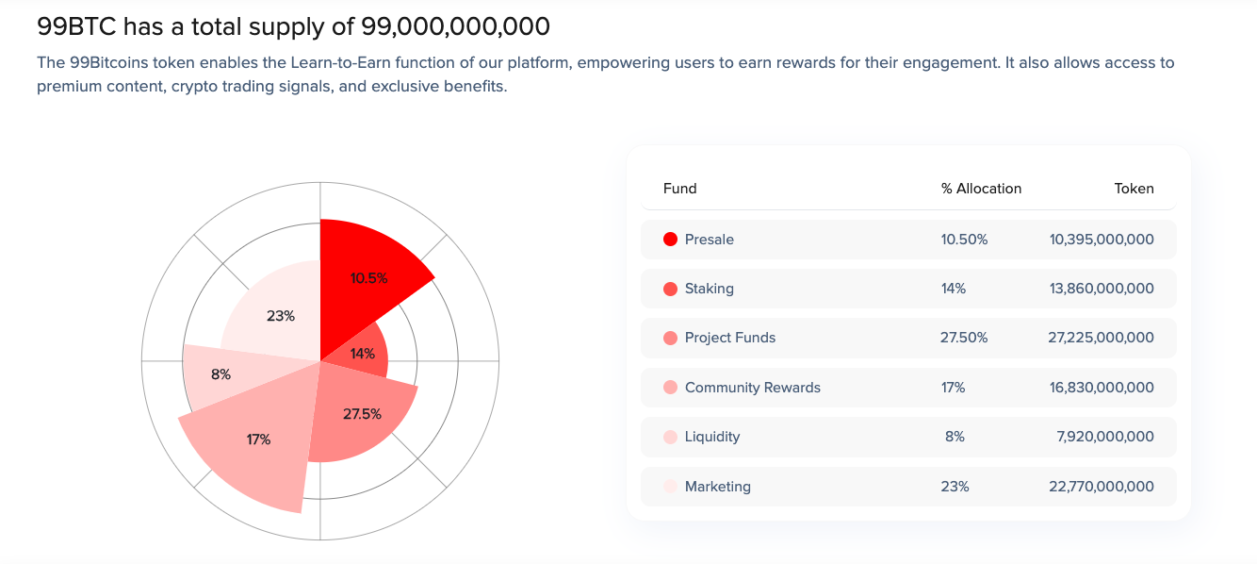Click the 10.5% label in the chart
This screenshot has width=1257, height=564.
(x=368, y=278)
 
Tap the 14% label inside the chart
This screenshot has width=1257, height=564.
(x=363, y=354)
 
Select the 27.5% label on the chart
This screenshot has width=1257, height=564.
(x=362, y=414)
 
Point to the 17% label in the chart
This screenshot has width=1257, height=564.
(x=258, y=440)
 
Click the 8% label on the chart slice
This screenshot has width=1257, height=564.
(x=220, y=374)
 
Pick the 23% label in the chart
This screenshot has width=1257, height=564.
(x=281, y=316)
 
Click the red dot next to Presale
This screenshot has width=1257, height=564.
(x=671, y=240)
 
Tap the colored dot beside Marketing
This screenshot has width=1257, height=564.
(x=671, y=487)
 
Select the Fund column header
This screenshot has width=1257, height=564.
(x=679, y=189)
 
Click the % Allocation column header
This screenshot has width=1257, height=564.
(x=981, y=189)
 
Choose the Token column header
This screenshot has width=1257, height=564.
(x=1134, y=189)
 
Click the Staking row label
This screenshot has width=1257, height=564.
(x=709, y=289)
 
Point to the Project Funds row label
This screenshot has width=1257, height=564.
(x=730, y=338)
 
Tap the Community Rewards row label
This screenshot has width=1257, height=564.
(x=752, y=388)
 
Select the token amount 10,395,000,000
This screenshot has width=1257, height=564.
(x=1101, y=240)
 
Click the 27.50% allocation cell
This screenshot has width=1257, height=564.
(x=964, y=338)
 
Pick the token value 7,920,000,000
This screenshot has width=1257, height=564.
(x=1104, y=437)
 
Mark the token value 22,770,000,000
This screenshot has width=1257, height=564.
(x=1101, y=487)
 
